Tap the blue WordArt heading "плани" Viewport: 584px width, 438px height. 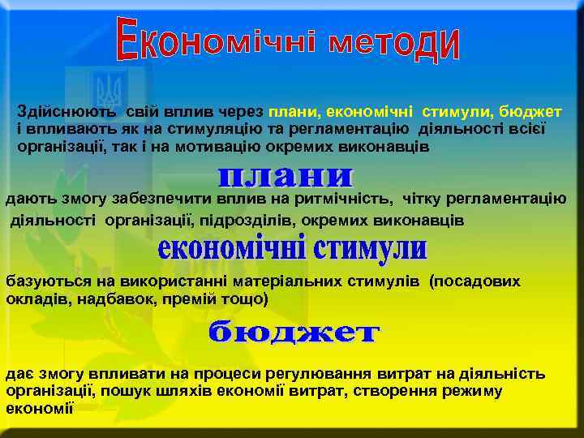[x=286, y=177]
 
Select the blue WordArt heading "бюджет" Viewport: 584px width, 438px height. [x=294, y=333]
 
